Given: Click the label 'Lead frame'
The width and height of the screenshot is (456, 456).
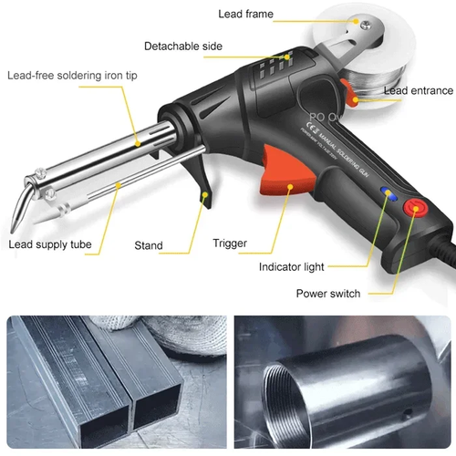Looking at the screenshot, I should (x=245, y=15).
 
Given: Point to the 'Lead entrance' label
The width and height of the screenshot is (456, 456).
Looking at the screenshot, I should (x=418, y=90).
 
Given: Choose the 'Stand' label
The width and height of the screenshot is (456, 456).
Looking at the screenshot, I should (x=149, y=245).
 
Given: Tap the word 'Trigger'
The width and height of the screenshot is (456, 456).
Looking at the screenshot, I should (x=229, y=244).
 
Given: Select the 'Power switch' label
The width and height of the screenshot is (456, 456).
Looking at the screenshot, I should (x=327, y=294).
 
